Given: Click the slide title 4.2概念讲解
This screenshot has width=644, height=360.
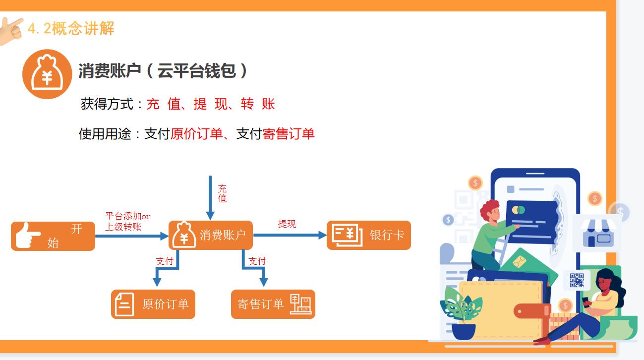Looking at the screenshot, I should tap(70, 28).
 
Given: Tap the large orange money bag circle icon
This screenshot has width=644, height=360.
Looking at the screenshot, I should tap(47, 74).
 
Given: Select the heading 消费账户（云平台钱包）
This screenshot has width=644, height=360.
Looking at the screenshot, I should tap(163, 71).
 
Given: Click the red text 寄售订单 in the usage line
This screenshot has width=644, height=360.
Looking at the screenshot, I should tap(289, 134).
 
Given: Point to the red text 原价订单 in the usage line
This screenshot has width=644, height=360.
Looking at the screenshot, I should tap(196, 134).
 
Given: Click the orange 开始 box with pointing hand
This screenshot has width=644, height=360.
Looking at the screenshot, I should tap(53, 236).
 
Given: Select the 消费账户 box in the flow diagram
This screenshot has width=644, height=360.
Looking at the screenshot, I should tap(211, 235).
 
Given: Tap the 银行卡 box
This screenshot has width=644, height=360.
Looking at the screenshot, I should tap(368, 235).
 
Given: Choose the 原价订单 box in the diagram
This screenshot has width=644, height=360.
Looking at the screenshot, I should tap(153, 304).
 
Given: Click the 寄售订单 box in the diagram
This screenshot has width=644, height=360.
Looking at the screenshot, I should tap(273, 304).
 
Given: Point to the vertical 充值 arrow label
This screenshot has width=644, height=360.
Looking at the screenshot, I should tap(223, 193).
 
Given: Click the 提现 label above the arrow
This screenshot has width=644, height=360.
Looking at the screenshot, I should tap(287, 224).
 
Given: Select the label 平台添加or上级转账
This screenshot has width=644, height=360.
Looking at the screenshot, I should tap(127, 222).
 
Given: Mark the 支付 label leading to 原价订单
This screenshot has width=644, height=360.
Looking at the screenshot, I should tap(165, 261).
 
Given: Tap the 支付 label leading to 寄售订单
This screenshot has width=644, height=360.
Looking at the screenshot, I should tap(257, 261).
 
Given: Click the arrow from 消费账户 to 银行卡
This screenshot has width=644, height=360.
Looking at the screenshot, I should tap(290, 235).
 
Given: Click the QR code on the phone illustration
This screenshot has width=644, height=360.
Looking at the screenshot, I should tap(577, 280).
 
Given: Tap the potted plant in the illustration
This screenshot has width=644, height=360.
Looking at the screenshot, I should tap(462, 312).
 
